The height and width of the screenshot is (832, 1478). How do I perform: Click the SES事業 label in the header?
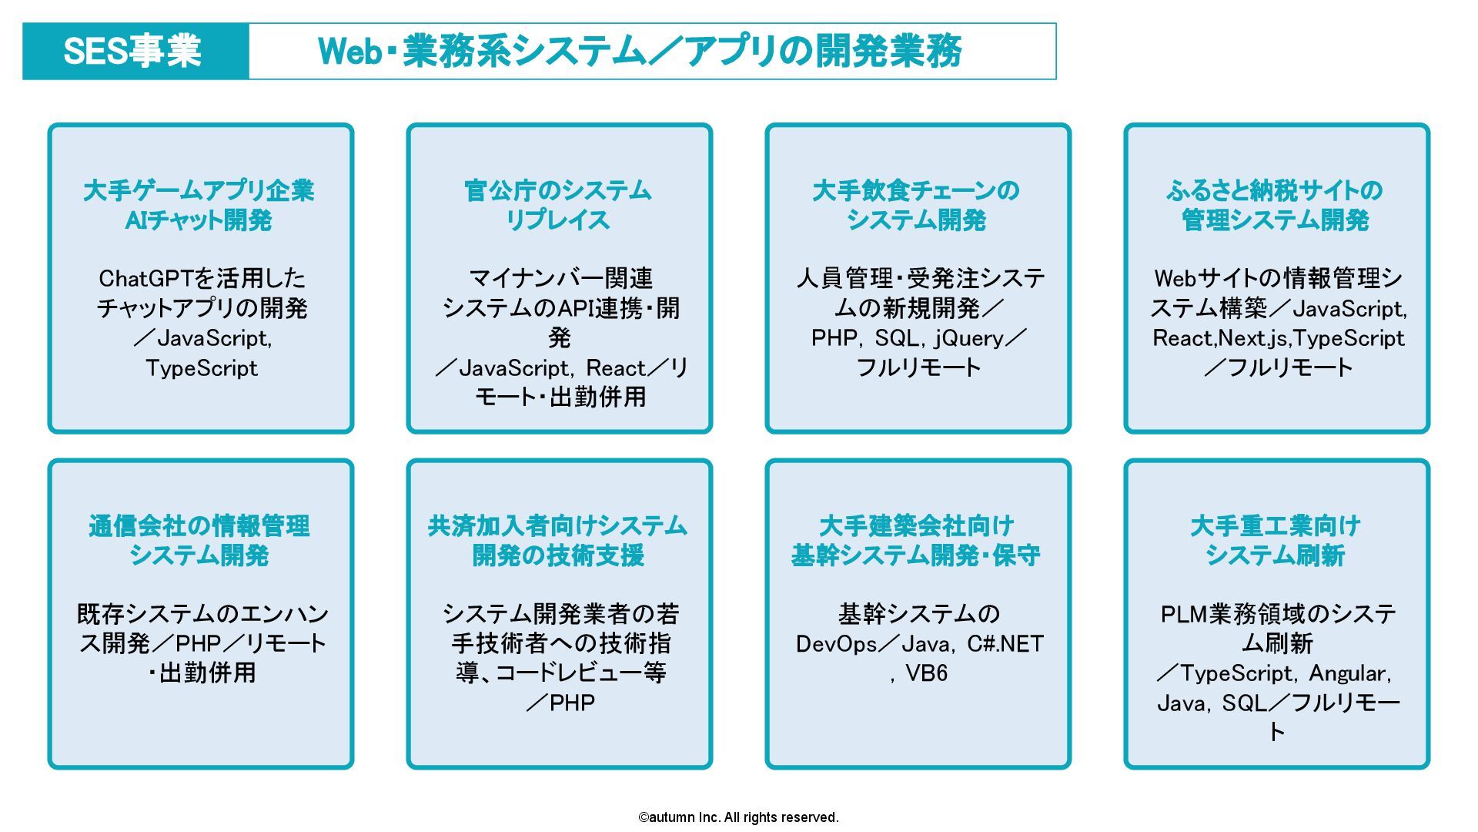click(x=132, y=52)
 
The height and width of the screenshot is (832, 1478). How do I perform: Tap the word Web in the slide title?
click(x=350, y=52)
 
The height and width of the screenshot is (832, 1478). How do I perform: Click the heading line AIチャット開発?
click(x=199, y=220)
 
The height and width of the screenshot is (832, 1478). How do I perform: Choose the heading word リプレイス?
click(x=557, y=220)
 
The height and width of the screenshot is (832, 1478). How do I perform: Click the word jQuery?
click(x=969, y=338)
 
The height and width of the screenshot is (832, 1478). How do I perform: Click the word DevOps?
click(x=836, y=644)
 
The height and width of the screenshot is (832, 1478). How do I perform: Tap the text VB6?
click(x=926, y=673)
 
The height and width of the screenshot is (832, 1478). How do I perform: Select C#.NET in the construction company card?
click(x=1005, y=644)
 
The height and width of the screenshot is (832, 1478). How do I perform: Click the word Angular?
click(x=1349, y=673)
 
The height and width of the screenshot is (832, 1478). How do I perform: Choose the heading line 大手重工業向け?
click(x=1276, y=526)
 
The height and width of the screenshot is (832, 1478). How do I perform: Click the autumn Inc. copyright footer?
click(x=738, y=817)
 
